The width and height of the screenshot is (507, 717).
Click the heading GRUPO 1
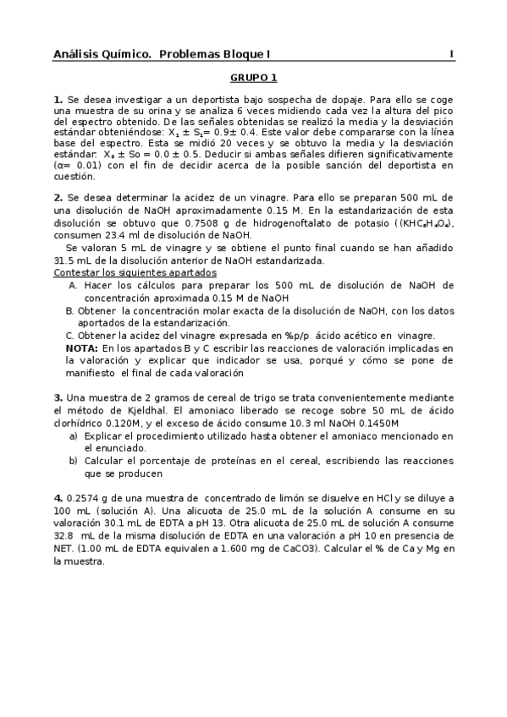click(253, 78)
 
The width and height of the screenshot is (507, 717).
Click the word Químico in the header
click(127, 55)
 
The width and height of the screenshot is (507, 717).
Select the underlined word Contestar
click(78, 272)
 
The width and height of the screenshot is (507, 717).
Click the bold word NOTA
click(81, 348)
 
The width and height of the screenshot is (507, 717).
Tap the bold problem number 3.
click(58, 397)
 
